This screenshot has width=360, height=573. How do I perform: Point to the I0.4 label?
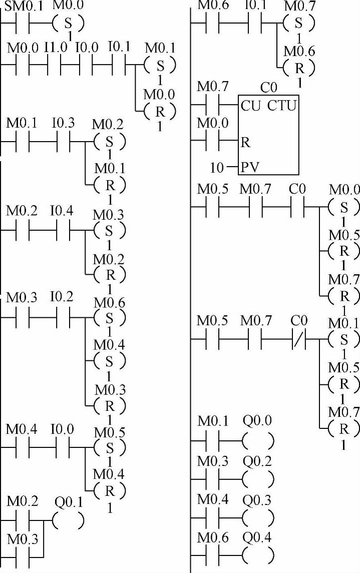coord(62,211)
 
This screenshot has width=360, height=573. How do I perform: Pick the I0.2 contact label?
coord(62,297)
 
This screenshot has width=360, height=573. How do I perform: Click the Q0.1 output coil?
coord(68,521)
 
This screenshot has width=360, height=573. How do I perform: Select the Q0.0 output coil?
coord(257,441)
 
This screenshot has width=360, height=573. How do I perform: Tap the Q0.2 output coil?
coord(257,479)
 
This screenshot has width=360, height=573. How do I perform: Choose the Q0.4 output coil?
coord(257,555)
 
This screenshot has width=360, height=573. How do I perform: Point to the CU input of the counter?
coord(250,106)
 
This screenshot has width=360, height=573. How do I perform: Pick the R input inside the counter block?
coord(245,143)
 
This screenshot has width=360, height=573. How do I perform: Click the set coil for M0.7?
coord(299,23)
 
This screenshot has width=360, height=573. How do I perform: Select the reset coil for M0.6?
coord(299,67)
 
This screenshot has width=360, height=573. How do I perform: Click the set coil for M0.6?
coord(110,318)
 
